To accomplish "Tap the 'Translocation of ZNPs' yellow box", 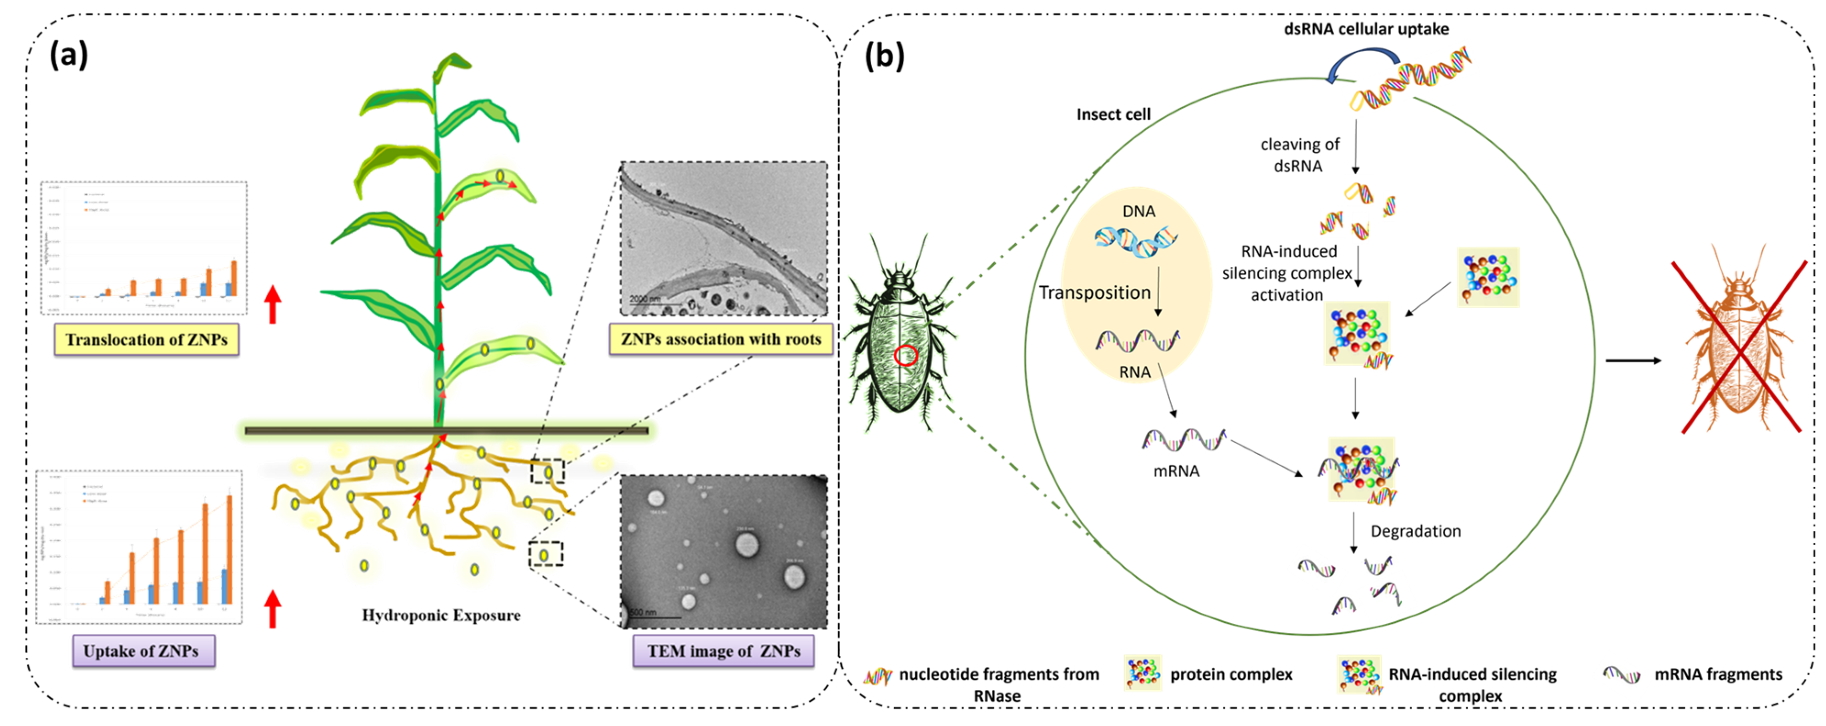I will coord(146,340).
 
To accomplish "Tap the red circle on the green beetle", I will coord(905,355).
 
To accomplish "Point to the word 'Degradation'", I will coord(1415,531).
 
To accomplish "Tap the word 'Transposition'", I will coord(1094,292).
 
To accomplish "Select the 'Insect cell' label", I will coord(1113,114).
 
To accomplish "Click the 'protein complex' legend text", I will coord(1231,674).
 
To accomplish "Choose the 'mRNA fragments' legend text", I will coord(1717,674).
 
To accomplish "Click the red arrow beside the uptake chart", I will coord(273,609).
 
